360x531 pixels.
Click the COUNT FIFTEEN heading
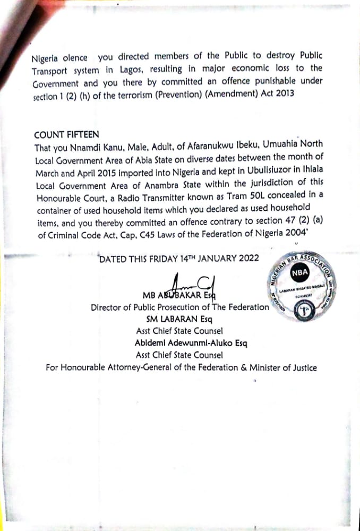(66, 135)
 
